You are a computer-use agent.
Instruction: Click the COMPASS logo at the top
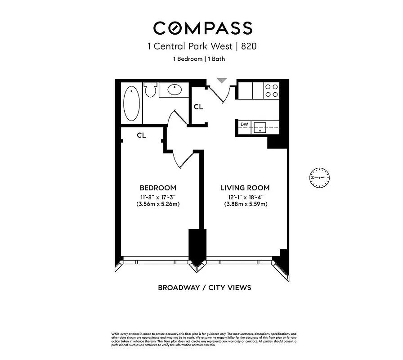(x=202, y=28)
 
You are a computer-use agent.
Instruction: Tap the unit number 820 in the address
(x=248, y=46)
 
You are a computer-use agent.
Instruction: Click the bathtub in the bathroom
(x=131, y=103)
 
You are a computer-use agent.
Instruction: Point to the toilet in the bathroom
(x=151, y=90)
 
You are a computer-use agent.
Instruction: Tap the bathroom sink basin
(x=175, y=90)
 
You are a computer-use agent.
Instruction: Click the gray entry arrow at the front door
(x=221, y=81)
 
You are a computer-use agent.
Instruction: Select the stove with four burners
(x=271, y=91)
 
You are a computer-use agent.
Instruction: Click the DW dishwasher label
(x=244, y=124)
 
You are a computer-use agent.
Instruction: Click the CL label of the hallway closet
(x=198, y=107)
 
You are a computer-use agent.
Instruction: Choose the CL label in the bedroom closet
(x=141, y=135)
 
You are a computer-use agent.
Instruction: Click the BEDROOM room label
(x=158, y=188)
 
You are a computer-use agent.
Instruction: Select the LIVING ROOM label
(x=244, y=188)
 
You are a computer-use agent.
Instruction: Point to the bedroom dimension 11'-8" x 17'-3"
(x=158, y=196)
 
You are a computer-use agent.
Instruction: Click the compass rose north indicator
(x=320, y=178)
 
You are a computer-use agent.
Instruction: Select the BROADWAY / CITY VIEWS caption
(x=204, y=288)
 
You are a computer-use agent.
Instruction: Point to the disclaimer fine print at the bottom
(x=204, y=339)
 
